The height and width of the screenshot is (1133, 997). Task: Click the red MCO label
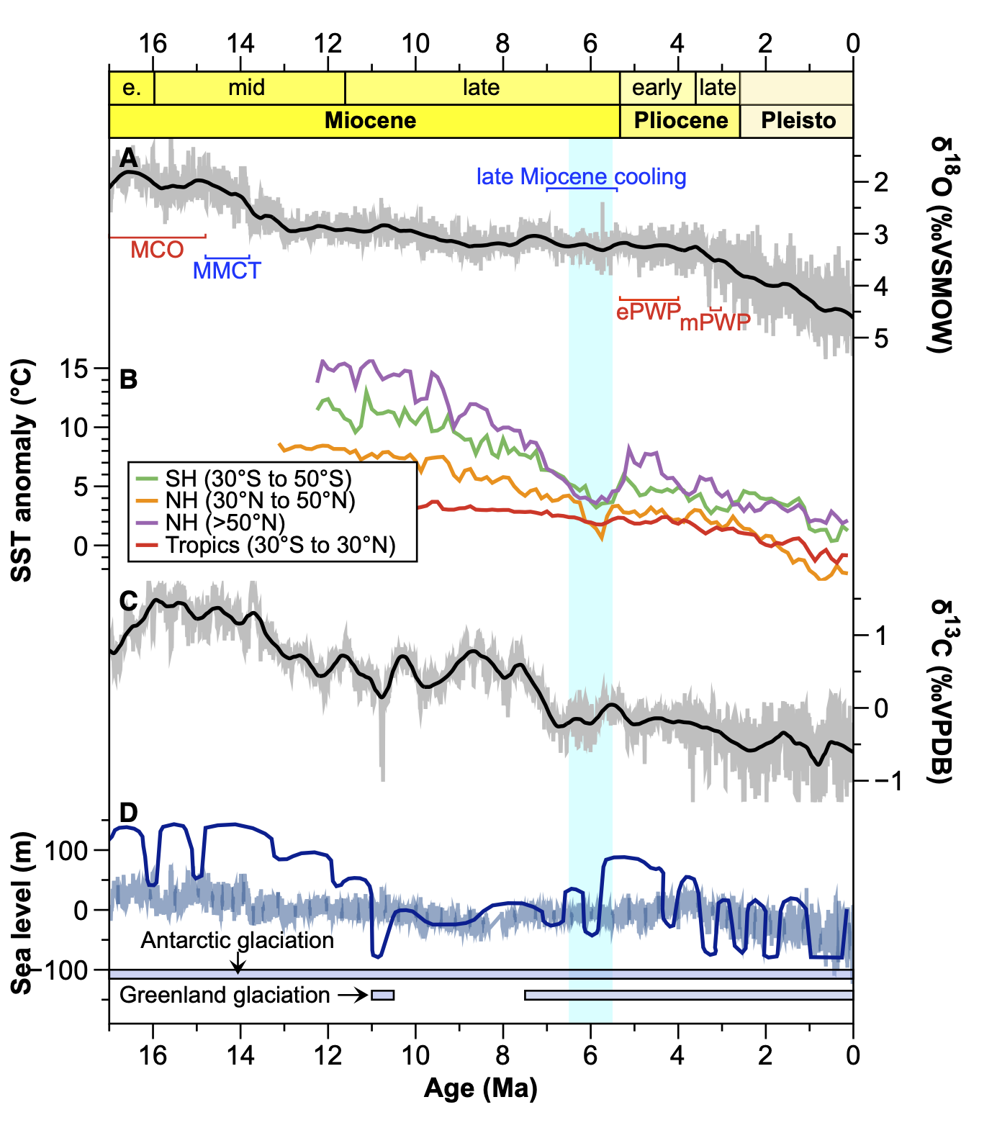coord(157,250)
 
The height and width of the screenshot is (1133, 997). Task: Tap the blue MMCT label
coord(227,271)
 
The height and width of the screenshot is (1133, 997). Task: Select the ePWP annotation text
coord(648,312)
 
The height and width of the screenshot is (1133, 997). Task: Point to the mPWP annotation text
coord(715,322)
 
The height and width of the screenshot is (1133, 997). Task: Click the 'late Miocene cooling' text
coord(581,176)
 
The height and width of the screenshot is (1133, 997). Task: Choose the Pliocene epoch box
coord(680,121)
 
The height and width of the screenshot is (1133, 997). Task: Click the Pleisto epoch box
coord(798,121)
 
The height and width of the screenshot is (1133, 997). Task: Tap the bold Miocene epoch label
coord(370,120)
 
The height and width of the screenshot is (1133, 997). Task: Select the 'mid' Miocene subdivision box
coord(247,88)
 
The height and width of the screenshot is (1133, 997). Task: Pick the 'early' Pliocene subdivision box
coord(657,88)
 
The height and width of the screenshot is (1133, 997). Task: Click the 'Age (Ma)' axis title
coord(480,1088)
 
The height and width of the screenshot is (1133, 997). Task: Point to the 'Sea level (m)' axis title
coord(22,913)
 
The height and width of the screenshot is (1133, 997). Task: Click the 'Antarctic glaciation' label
coord(238,940)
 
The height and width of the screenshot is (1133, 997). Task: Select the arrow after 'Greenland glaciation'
coord(353,995)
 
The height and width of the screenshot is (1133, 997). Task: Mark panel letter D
coord(128,813)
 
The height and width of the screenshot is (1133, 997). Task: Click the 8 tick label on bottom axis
coord(502,1055)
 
